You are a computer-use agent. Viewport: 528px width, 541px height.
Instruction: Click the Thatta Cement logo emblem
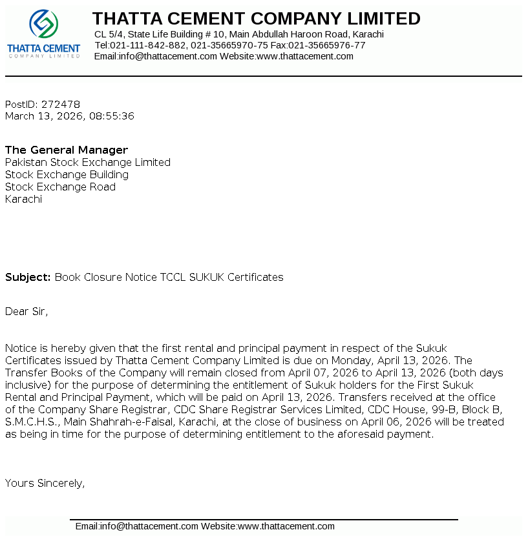pyautogui.click(x=43, y=25)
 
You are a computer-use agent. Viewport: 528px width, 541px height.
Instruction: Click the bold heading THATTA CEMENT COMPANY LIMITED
pyautogui.click(x=256, y=19)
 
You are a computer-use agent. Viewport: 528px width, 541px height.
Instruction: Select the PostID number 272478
pyautogui.click(x=61, y=104)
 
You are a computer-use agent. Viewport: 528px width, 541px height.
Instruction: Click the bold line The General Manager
pyautogui.click(x=67, y=150)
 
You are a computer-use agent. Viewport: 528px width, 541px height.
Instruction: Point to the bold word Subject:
pyautogui.click(x=28, y=277)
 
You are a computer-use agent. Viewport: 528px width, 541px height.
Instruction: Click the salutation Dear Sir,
pyautogui.click(x=26, y=311)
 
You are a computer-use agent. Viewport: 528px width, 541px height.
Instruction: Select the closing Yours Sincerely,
pyautogui.click(x=45, y=482)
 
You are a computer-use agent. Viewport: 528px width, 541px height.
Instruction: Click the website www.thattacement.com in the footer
pyautogui.click(x=286, y=526)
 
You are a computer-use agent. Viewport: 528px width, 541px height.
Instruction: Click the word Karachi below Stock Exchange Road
pyautogui.click(x=23, y=199)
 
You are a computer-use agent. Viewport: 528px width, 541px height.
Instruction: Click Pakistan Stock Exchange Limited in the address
pyautogui.click(x=88, y=162)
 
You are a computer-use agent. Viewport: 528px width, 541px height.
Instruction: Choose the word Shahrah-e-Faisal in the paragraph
pyautogui.click(x=130, y=422)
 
